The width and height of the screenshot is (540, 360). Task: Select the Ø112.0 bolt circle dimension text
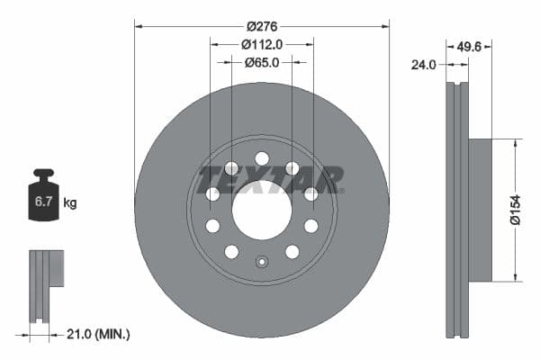[x=262, y=42]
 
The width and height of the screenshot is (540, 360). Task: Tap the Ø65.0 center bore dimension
[x=262, y=62]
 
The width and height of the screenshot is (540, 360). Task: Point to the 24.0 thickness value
[x=423, y=65]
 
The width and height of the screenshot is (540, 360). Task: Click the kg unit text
[x=70, y=203]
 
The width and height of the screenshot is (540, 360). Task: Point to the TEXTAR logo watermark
[x=271, y=179]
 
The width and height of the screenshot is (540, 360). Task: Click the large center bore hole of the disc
[x=262, y=210]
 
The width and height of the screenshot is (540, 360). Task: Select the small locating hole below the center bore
[x=262, y=263]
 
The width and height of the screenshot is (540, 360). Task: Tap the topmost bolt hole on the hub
[x=262, y=158]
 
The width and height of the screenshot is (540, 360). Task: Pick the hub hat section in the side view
[x=481, y=210]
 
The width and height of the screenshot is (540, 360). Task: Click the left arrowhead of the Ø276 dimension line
[x=138, y=25]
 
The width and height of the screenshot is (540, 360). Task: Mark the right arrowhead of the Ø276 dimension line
[x=386, y=25]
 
